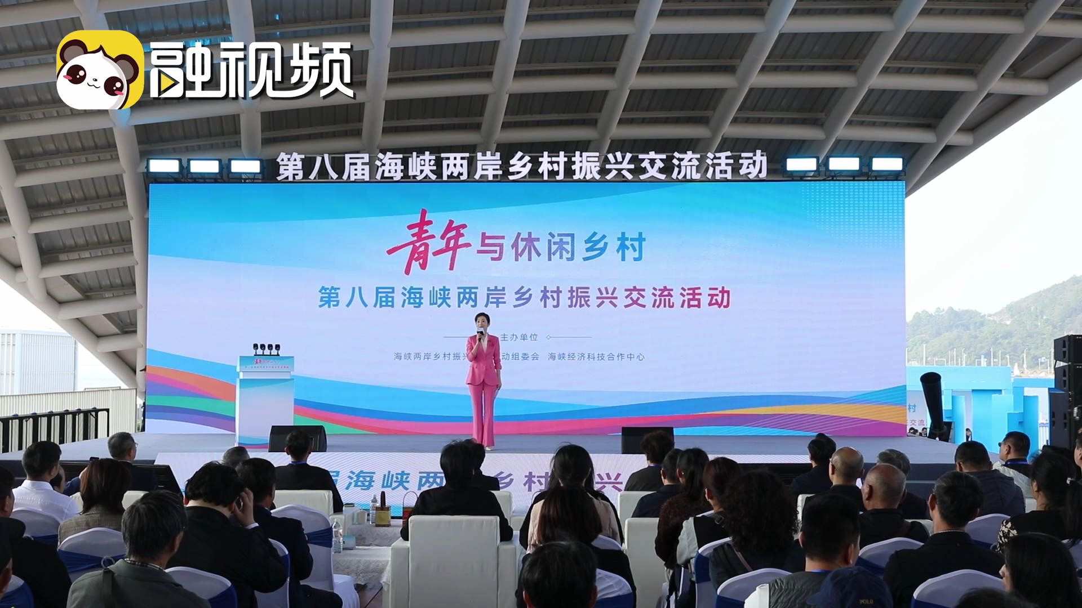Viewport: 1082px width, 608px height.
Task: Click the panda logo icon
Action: point(100,69)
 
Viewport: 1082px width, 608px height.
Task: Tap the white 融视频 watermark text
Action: point(251,70)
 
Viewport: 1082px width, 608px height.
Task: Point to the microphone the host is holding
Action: point(481,337)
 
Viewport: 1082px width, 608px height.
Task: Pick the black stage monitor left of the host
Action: point(297,438)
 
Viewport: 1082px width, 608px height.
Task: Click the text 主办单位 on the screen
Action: point(518,338)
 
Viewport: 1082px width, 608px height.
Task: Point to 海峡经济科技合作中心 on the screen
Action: point(596,357)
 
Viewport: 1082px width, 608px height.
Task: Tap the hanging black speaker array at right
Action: point(1067,388)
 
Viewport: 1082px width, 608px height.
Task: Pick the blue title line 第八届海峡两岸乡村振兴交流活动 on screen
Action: point(524,297)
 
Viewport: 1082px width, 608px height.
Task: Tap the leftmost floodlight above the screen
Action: point(163,166)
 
